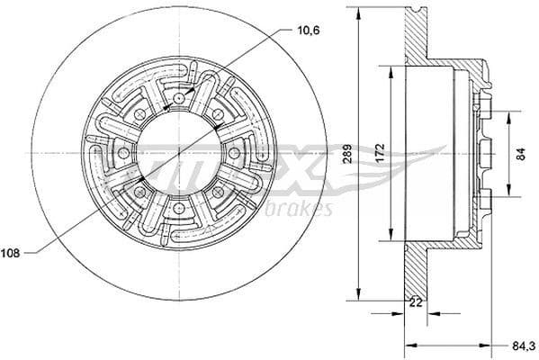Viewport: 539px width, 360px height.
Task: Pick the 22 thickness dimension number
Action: click(415, 302)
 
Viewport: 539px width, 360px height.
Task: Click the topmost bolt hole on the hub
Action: click(179, 97)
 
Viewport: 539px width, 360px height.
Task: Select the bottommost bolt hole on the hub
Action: click(179, 210)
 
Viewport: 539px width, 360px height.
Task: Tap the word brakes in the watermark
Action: click(303, 210)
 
